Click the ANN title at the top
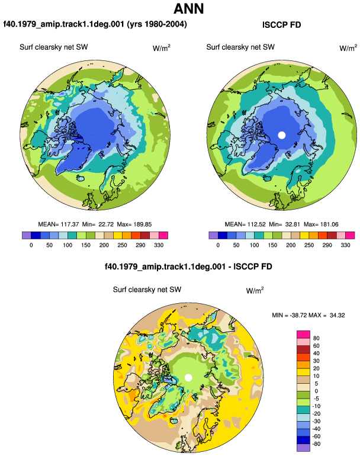click(x=189, y=8)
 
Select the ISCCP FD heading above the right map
click(x=281, y=25)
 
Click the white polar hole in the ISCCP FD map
click(x=281, y=135)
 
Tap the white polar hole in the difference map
click(x=188, y=378)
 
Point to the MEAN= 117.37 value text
click(x=59, y=224)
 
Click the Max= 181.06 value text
click(x=321, y=224)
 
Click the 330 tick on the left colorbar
click(x=159, y=245)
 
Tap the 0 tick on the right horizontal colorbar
click(x=218, y=245)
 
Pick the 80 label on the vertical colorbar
click(x=316, y=338)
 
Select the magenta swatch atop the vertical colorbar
click(x=303, y=335)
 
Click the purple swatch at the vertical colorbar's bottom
click(x=303, y=448)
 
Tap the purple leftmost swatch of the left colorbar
click(x=27, y=235)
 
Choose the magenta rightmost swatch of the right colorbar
click(x=350, y=235)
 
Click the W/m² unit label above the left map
click(x=162, y=48)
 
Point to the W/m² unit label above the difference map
click(x=255, y=290)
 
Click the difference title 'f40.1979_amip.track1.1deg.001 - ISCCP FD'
click(x=188, y=266)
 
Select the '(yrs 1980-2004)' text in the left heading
click(x=157, y=24)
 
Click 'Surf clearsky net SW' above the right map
click(x=240, y=47)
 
